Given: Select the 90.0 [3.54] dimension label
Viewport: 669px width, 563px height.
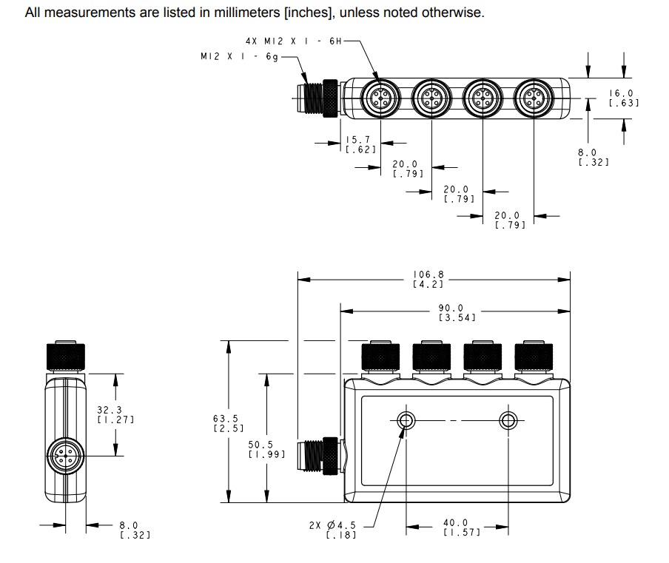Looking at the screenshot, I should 451,312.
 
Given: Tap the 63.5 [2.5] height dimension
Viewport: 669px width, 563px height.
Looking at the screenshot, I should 224,423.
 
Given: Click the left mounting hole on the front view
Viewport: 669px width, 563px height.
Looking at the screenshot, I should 406,421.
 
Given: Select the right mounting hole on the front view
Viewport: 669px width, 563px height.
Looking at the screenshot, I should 508,421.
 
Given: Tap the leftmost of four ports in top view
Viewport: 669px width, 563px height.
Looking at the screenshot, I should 380,97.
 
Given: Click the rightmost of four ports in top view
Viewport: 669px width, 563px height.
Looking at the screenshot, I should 534,97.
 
